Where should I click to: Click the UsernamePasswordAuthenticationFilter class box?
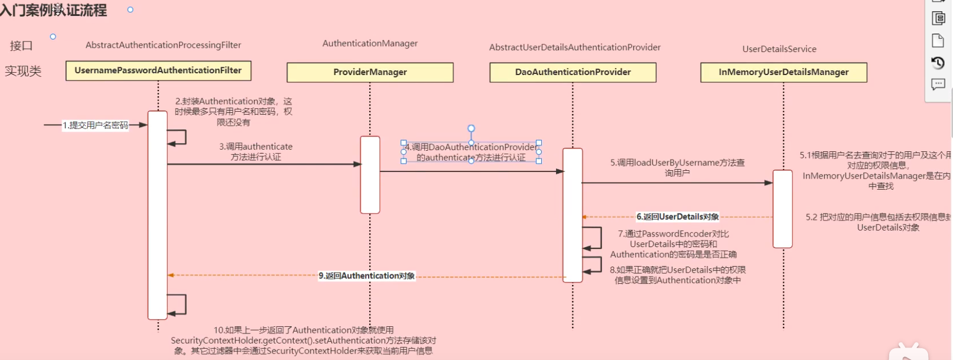click(158, 70)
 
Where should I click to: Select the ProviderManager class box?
click(370, 72)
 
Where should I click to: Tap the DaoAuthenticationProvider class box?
click(573, 72)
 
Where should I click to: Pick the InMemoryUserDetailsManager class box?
click(783, 72)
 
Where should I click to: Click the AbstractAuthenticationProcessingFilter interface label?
click(163, 45)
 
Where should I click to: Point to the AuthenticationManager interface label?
click(370, 43)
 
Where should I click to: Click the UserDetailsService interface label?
click(779, 49)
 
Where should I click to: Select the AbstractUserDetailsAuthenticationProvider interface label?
click(575, 47)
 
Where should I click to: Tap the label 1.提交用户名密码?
click(96, 125)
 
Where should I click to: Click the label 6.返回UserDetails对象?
click(678, 217)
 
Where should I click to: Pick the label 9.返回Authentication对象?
click(367, 276)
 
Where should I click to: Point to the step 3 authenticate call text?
click(256, 151)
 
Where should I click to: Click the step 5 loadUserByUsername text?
click(677, 167)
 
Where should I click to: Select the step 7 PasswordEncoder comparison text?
click(673, 244)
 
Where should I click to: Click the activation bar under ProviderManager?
click(370, 174)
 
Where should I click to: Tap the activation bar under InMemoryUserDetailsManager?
click(782, 209)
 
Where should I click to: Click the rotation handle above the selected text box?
click(471, 128)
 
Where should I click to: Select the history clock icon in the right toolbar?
click(938, 63)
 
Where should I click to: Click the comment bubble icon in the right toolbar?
click(938, 85)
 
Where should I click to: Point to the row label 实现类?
click(23, 72)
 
